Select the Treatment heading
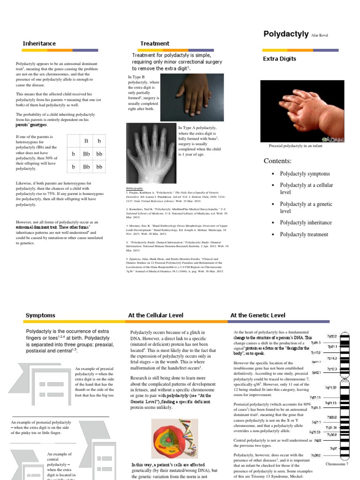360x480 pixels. [x=155, y=44]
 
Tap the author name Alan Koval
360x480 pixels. [x=317, y=35]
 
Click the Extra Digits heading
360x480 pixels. [x=279, y=59]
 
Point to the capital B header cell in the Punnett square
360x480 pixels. [x=86, y=141]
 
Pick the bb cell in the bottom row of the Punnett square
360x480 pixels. [x=99, y=166]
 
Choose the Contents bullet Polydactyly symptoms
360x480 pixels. [x=305, y=174]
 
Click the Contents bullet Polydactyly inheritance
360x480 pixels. [x=306, y=223]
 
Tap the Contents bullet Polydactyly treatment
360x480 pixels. [x=304, y=234]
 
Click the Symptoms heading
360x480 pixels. [x=40, y=315]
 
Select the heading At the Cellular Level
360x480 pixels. [x=156, y=315]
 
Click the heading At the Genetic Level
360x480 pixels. [x=258, y=315]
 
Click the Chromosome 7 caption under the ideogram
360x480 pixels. [x=337, y=464]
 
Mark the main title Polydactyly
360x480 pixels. [x=283, y=34]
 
